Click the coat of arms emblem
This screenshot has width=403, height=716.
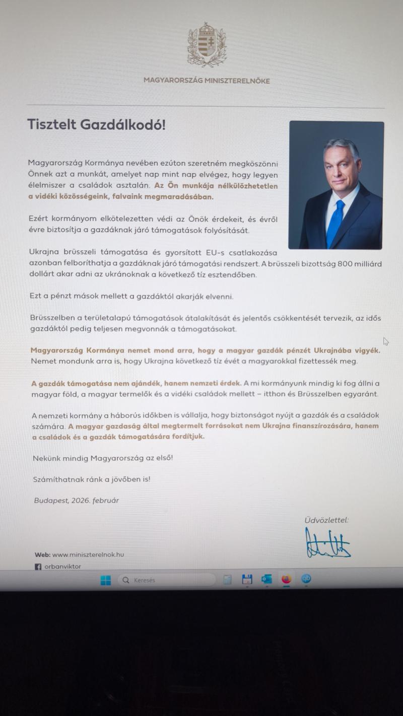point(207,45)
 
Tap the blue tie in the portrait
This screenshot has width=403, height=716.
point(334,222)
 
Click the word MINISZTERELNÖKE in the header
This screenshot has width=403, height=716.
point(238,81)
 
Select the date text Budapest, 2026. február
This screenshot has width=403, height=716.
point(77,500)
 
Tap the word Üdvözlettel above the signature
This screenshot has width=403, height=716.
point(326,520)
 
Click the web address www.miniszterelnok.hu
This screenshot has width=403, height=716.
point(88,555)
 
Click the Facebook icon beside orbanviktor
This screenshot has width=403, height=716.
point(38,567)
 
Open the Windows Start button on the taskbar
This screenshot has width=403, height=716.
point(106,581)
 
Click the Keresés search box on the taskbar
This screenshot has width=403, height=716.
point(166,580)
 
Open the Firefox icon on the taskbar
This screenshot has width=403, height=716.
point(286,579)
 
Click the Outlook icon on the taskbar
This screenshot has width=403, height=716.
point(266,579)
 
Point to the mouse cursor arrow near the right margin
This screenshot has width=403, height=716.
point(385,341)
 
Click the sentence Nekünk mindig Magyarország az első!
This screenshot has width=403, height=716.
point(103,458)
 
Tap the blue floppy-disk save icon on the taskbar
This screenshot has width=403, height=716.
point(247,579)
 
